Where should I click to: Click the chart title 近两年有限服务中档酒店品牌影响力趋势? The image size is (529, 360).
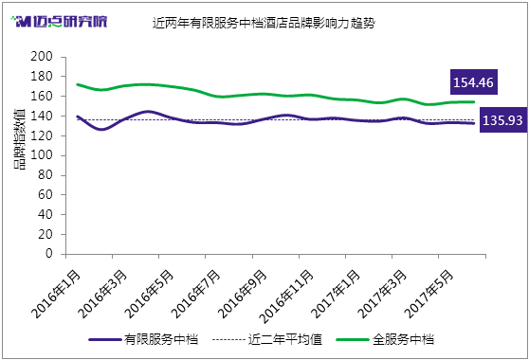click(x=264, y=23)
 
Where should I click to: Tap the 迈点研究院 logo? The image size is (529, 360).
click(x=60, y=22)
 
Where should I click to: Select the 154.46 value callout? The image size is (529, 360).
click(x=474, y=82)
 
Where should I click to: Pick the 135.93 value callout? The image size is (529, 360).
click(x=503, y=120)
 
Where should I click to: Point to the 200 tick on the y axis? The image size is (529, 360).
click(x=42, y=56)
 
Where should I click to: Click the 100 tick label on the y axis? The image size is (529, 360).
click(x=42, y=155)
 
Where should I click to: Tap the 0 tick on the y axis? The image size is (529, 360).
click(x=49, y=254)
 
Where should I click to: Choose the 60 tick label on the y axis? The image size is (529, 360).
click(x=46, y=194)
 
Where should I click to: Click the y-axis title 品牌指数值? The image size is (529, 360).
click(x=20, y=139)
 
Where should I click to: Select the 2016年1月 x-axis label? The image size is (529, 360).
click(x=56, y=295)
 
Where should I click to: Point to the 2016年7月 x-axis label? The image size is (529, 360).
click(x=195, y=295)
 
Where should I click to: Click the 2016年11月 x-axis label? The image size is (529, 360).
click(x=286, y=297)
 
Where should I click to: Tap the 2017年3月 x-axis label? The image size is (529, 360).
click(x=382, y=295)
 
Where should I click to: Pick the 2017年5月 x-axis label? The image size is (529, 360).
click(x=429, y=295)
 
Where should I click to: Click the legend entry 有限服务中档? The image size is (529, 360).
click(x=144, y=339)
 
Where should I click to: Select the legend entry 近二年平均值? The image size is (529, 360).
click(x=267, y=339)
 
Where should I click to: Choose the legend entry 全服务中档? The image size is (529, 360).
click(x=385, y=339)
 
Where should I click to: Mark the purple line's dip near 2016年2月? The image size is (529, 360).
click(x=101, y=129)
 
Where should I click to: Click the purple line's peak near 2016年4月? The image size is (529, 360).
click(x=148, y=111)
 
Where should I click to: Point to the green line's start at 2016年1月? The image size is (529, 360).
click(x=78, y=84)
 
